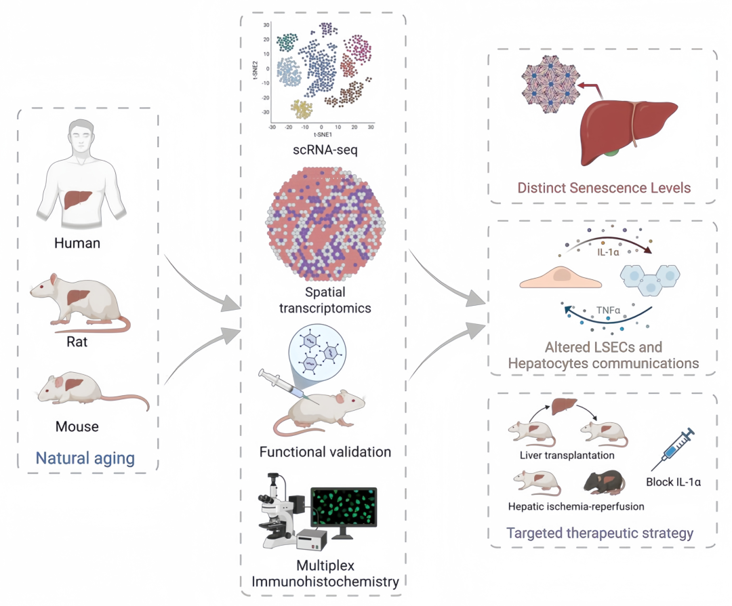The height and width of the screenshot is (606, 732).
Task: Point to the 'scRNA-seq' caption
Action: coord(321,149)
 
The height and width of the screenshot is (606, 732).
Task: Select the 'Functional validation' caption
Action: coord(325,451)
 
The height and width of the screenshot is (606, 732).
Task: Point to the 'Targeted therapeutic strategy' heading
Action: coord(601,533)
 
